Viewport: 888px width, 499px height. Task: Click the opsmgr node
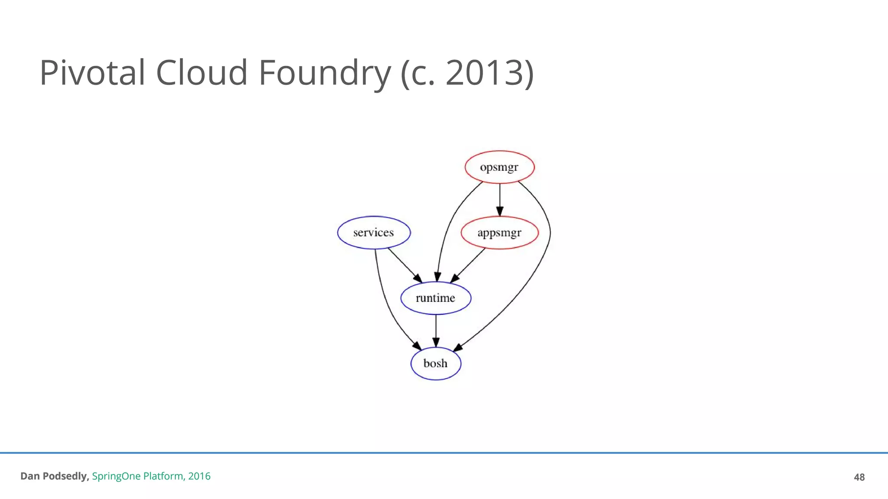[499, 167]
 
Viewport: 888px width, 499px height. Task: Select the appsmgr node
[499, 233]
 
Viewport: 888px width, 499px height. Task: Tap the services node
[374, 233]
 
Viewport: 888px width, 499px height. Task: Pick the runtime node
[436, 298]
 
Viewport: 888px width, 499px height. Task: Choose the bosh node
[436, 363]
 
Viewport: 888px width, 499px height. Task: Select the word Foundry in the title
[325, 72]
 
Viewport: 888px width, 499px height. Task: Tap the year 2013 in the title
[485, 72]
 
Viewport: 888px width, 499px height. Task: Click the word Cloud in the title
[202, 72]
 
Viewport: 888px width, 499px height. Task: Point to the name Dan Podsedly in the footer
[54, 476]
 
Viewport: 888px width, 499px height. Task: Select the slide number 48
[859, 477]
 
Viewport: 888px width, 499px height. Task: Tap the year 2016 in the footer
[199, 476]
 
